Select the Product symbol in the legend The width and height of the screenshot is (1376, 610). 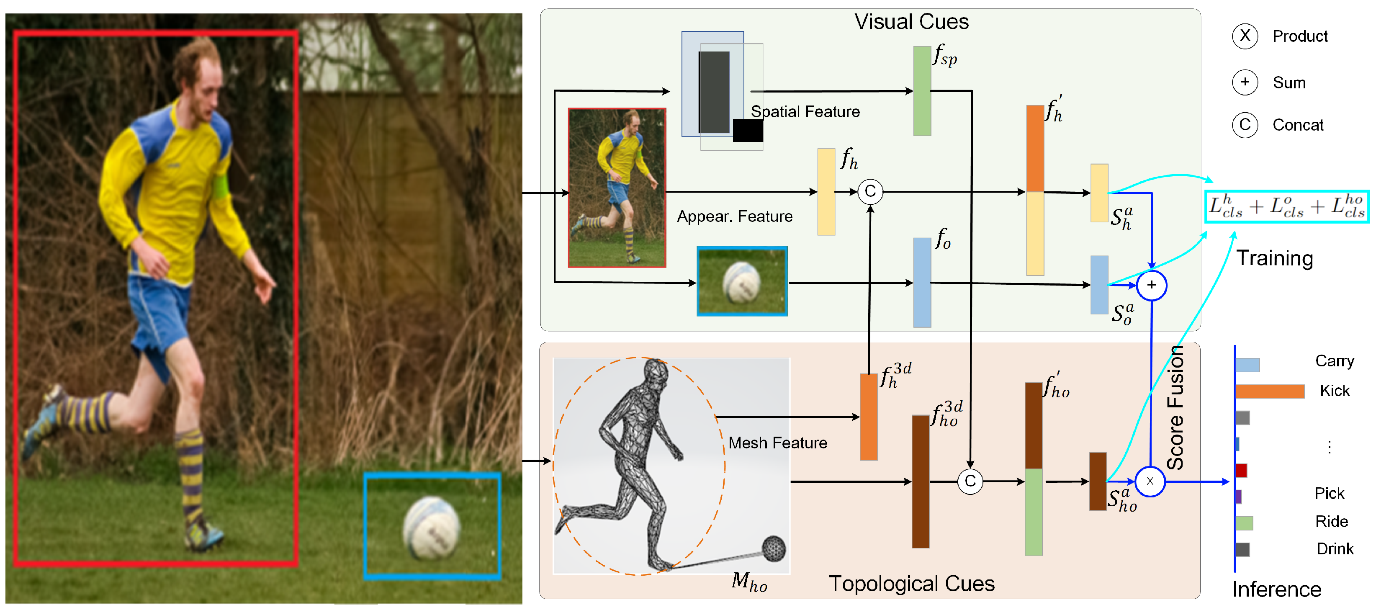(1245, 36)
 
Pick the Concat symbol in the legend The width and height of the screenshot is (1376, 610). (1245, 125)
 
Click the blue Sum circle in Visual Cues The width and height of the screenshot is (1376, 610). (1151, 285)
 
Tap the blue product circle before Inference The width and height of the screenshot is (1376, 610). (1150, 481)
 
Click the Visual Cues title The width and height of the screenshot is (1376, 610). (911, 22)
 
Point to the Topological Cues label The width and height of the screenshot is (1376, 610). (911, 583)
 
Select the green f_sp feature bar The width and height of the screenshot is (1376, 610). (922, 91)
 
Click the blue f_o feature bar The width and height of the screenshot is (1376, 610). (922, 282)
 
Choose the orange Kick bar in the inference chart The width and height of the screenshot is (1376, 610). (1270, 391)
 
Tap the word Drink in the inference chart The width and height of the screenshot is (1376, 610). (1334, 548)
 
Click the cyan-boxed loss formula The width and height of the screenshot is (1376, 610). (1287, 206)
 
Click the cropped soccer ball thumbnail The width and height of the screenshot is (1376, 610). (742, 281)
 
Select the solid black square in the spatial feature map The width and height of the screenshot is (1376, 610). (747, 130)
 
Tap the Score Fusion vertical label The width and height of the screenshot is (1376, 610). (1175, 408)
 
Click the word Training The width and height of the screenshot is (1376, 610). (1275, 258)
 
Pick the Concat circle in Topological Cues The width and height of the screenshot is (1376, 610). (970, 481)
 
